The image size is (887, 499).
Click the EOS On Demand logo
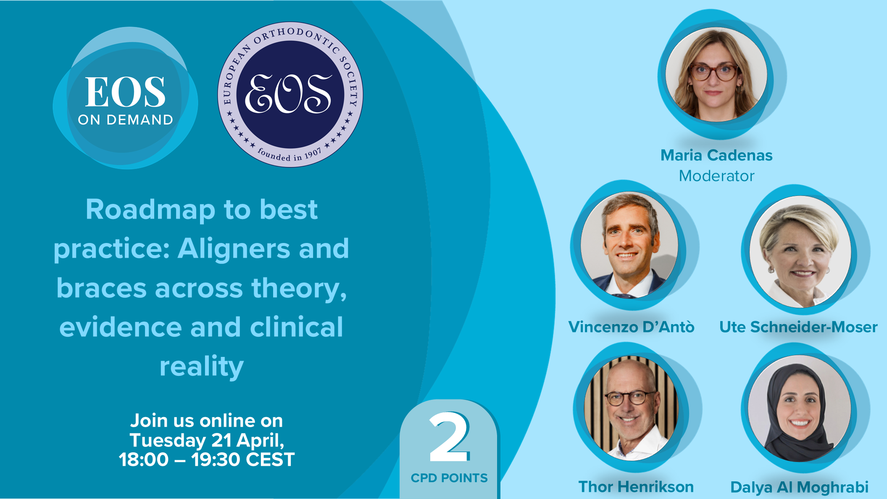125,99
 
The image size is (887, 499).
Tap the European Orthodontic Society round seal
290,95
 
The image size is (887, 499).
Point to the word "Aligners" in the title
234,249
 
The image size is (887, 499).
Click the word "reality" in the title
202,367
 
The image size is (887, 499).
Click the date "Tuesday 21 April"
206,441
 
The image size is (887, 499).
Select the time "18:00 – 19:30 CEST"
207,459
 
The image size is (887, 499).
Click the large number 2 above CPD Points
449,437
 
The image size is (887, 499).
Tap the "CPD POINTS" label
449,478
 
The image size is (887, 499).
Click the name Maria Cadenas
716,155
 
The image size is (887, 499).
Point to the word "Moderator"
716,176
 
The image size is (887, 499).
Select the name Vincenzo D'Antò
631,327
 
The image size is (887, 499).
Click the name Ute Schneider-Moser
798,327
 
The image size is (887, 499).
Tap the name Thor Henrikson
636,486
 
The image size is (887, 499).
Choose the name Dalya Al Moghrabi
799,487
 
